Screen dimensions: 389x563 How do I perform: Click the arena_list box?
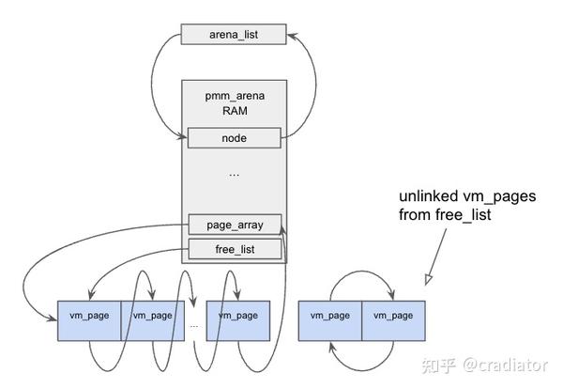(x=235, y=36)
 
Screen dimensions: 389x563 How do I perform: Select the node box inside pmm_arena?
(x=235, y=138)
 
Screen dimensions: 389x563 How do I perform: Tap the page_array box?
(x=235, y=225)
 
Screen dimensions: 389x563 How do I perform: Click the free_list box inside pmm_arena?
(x=235, y=249)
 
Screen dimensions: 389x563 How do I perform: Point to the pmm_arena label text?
(x=235, y=95)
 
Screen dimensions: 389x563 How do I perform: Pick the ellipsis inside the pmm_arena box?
(x=235, y=175)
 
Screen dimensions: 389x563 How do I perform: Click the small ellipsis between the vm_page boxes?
(x=194, y=324)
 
